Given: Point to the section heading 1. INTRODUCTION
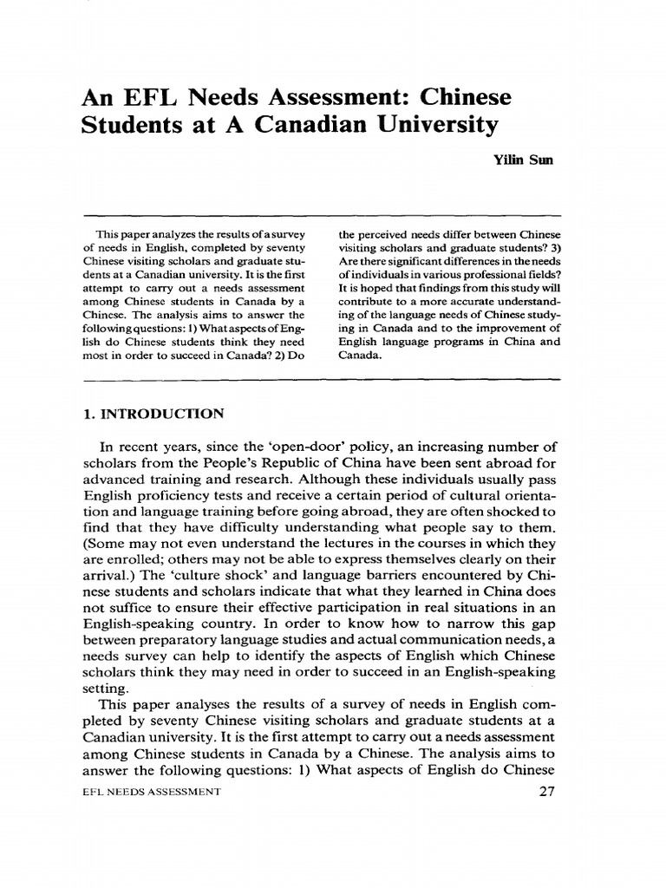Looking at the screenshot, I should [x=152, y=413].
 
